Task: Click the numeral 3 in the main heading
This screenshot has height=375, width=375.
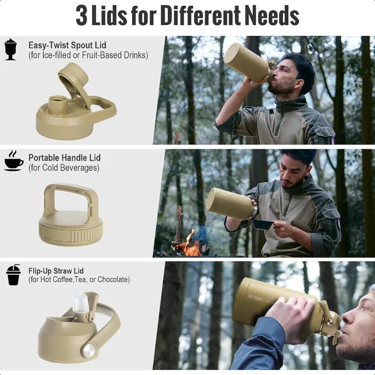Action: coord(82,16)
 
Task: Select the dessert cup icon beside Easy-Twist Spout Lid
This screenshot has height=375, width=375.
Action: coord(10,49)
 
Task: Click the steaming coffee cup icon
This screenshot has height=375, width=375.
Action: coord(14,161)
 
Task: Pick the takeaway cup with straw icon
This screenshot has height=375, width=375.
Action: coord(13,275)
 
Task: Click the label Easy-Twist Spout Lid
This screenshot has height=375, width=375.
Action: coord(67,45)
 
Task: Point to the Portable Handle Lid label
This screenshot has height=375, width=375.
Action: coord(64,157)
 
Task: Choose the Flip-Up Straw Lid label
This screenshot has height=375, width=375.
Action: coord(56,271)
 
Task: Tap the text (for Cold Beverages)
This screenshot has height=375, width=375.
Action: coord(64,167)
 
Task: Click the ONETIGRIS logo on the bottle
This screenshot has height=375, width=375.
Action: coord(255,298)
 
